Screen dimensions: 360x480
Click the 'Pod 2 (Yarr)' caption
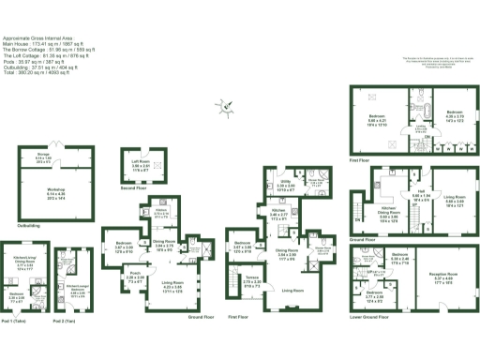click(64, 322)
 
